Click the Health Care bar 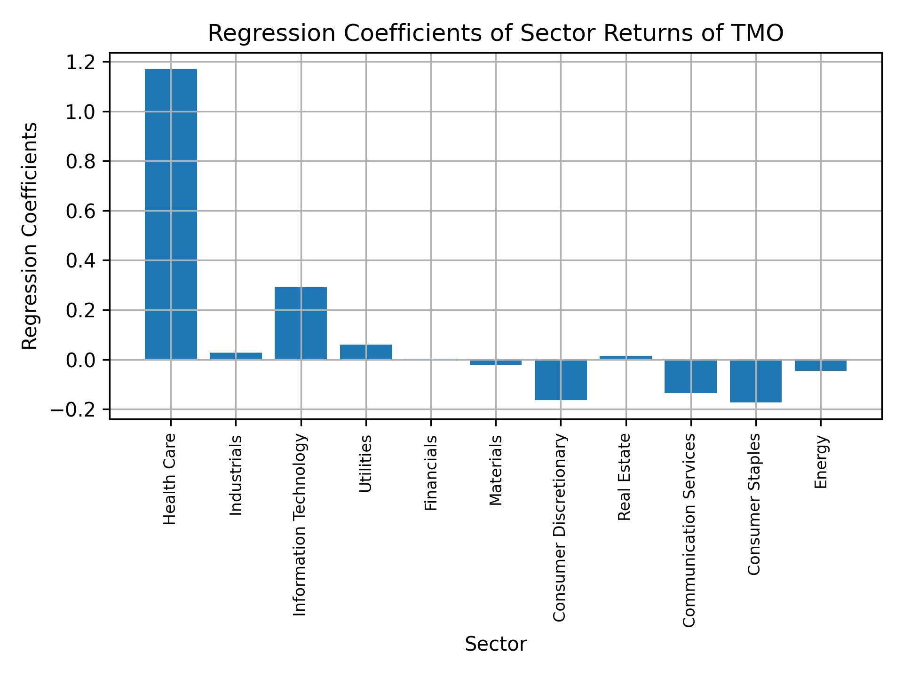click(x=171, y=214)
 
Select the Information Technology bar click(x=301, y=323)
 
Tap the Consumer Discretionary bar click(x=561, y=380)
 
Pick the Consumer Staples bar click(x=755, y=381)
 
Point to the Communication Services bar click(x=690, y=376)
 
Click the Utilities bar click(x=366, y=352)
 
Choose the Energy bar click(x=820, y=365)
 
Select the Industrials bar click(x=236, y=356)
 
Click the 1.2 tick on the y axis click(x=80, y=62)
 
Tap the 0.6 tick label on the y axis click(x=80, y=211)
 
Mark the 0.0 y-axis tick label click(x=80, y=360)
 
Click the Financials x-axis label click(x=431, y=472)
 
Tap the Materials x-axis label click(x=496, y=470)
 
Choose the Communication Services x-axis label click(x=689, y=530)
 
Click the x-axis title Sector click(x=496, y=644)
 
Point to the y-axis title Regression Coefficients click(x=30, y=236)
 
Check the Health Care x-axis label click(x=170, y=479)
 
